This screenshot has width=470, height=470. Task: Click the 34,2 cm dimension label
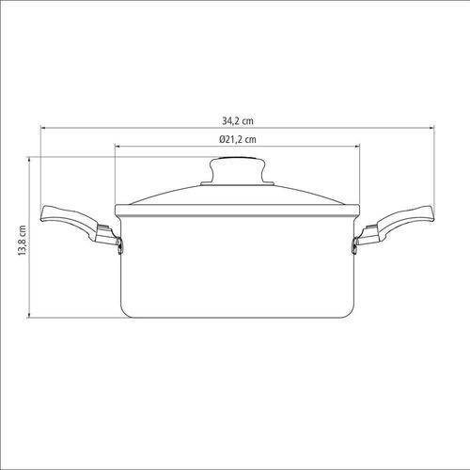pyautogui.click(x=238, y=121)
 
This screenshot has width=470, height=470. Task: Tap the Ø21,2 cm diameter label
pyautogui.click(x=238, y=139)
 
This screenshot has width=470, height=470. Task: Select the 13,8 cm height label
pyautogui.click(x=23, y=241)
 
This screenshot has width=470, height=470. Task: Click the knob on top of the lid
pyautogui.click(x=238, y=170)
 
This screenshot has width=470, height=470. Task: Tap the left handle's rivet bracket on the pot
pyautogui.click(x=119, y=245)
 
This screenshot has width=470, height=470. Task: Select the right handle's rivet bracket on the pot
pyautogui.click(x=355, y=245)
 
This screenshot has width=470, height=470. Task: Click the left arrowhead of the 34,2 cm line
pyautogui.click(x=42, y=128)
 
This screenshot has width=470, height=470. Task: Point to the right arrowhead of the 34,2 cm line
pyautogui.click(x=432, y=128)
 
